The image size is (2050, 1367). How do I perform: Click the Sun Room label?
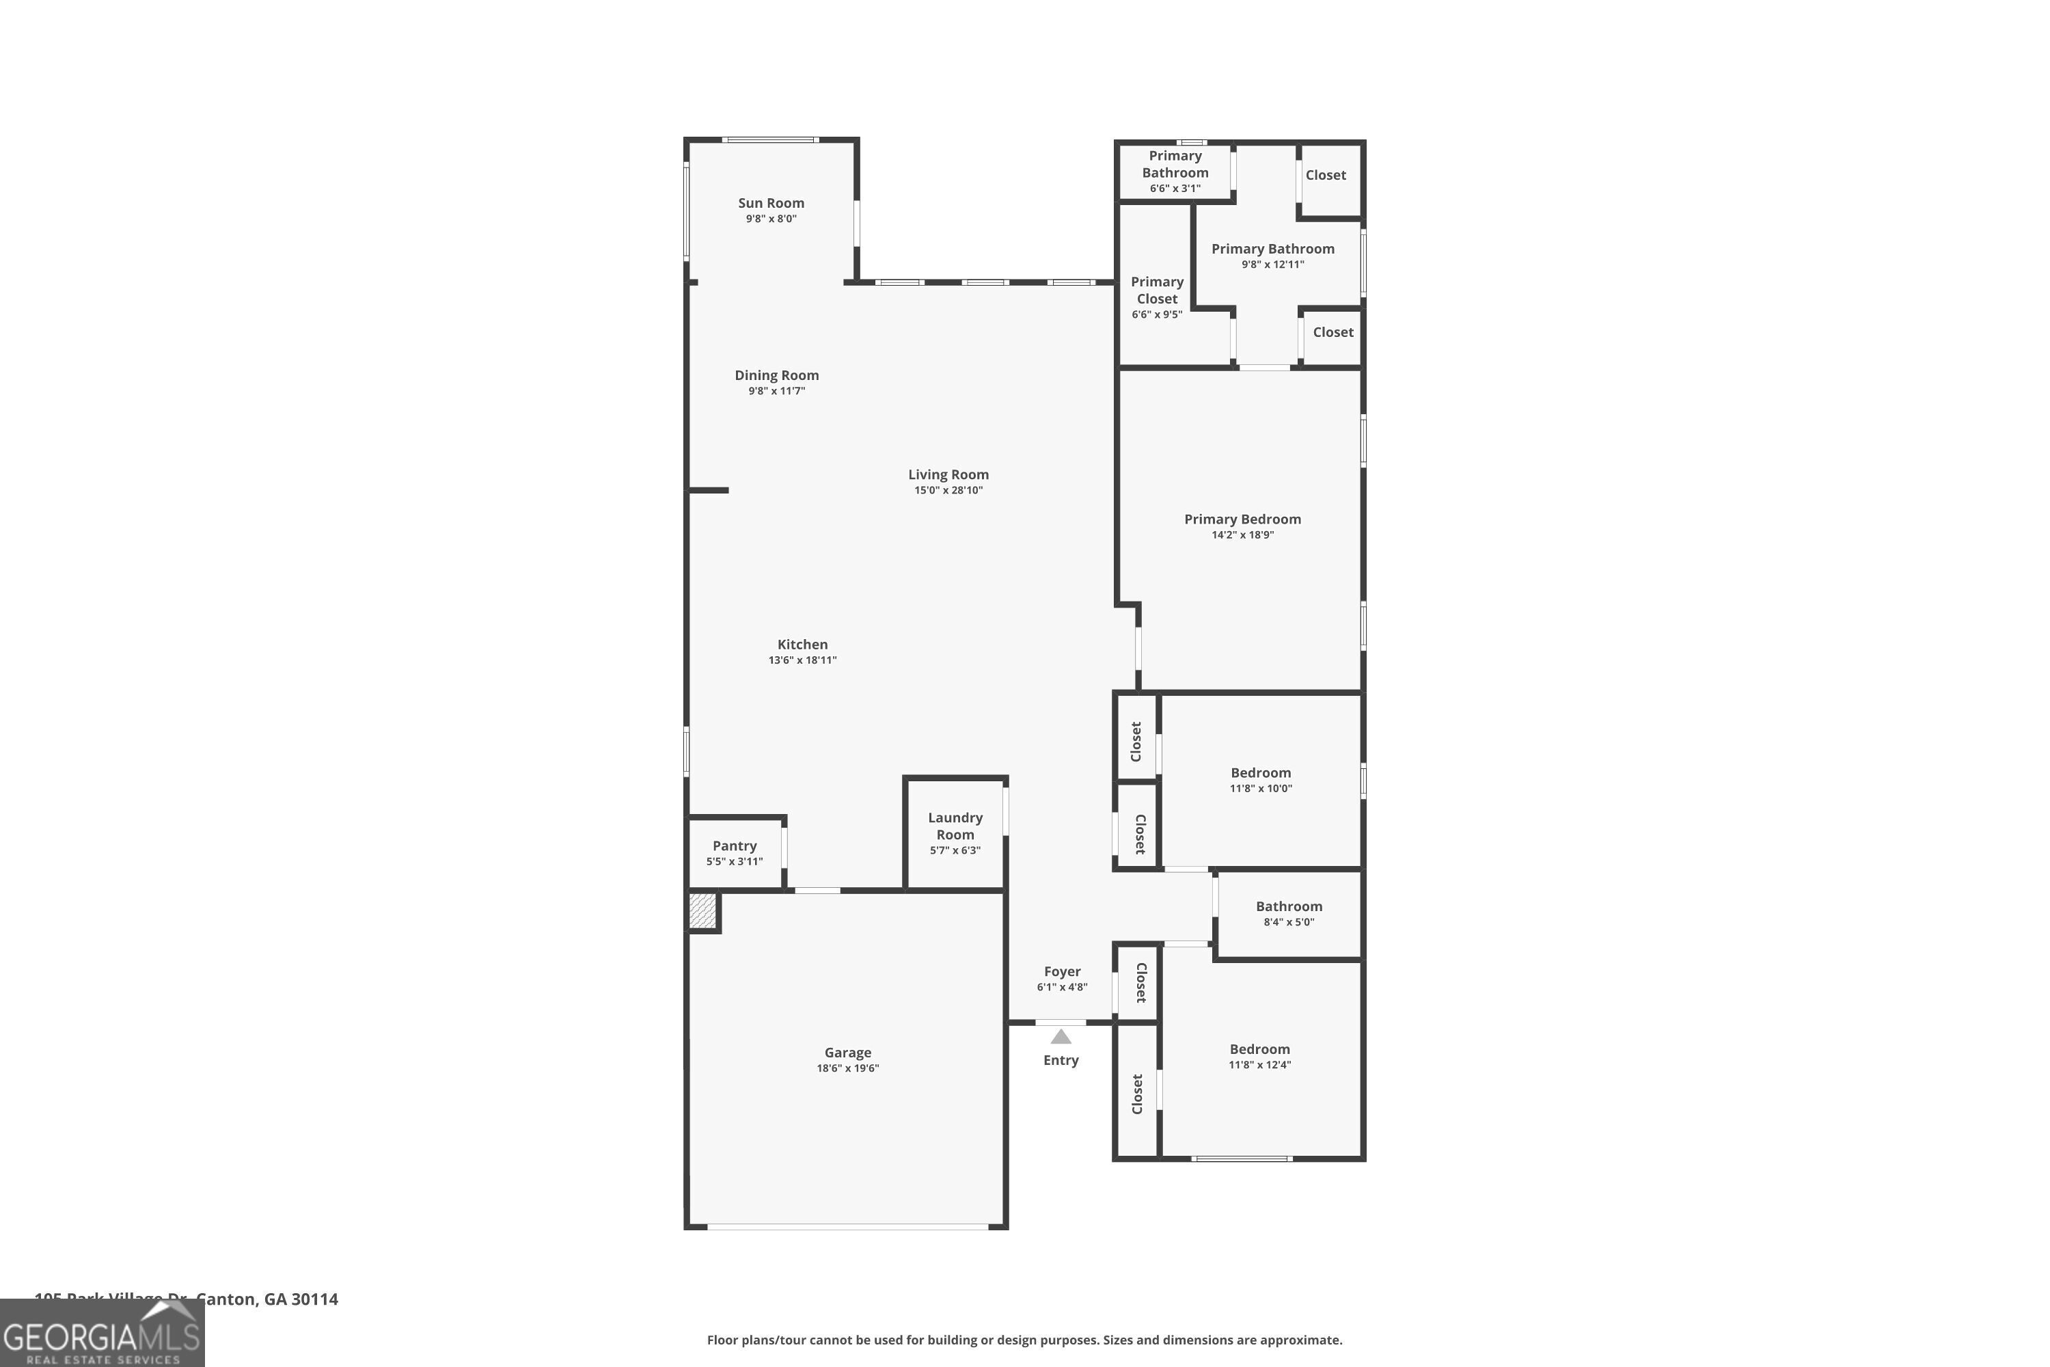pos(771,203)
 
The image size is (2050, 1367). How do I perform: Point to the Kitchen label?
pos(802,645)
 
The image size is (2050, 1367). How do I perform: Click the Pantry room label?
pos(734,845)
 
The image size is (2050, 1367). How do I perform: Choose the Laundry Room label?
pos(955,826)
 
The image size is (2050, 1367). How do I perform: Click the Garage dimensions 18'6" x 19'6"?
pos(847,1068)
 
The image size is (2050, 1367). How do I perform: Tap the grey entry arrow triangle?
pos(1060,1037)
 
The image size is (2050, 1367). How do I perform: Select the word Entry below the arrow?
pos(1060,1060)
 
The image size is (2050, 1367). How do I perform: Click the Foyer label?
pos(1062,971)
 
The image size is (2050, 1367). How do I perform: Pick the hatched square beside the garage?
pos(702,911)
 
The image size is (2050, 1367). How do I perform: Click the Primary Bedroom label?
pos(1242,519)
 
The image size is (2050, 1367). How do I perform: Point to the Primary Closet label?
pos(1157,290)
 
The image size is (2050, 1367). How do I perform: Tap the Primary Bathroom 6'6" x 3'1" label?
pos(1175,171)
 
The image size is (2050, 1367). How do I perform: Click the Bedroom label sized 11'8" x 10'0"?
pos(1260,772)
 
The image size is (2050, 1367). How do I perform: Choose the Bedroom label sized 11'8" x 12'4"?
pos(1259,1048)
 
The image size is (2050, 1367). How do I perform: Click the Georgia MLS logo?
pos(102,1334)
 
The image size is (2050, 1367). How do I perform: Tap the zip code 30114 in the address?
pos(314,1299)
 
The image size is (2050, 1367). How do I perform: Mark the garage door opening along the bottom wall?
pos(847,1227)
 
